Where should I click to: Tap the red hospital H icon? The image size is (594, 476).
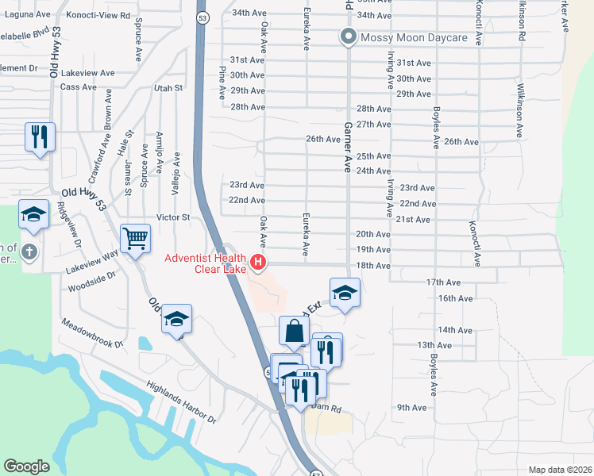pyautogui.click(x=257, y=261)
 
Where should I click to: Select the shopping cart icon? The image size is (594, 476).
pyautogui.click(x=135, y=237)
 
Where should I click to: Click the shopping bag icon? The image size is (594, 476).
pyautogui.click(x=294, y=330)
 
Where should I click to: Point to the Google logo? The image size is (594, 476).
pyautogui.click(x=26, y=466)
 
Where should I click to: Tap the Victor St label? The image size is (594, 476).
pyautogui.click(x=173, y=217)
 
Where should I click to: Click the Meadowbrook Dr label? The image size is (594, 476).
pyautogui.click(x=92, y=333)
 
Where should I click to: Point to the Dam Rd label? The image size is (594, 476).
pyautogui.click(x=326, y=409)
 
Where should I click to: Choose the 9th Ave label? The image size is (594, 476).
pyautogui.click(x=412, y=408)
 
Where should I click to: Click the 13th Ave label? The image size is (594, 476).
pyautogui.click(x=434, y=345)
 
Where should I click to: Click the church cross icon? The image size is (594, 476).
pyautogui.click(x=29, y=253)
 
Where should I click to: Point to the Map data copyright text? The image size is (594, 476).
pyautogui.click(x=560, y=469)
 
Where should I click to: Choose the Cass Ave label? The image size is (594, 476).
pyautogui.click(x=78, y=86)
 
